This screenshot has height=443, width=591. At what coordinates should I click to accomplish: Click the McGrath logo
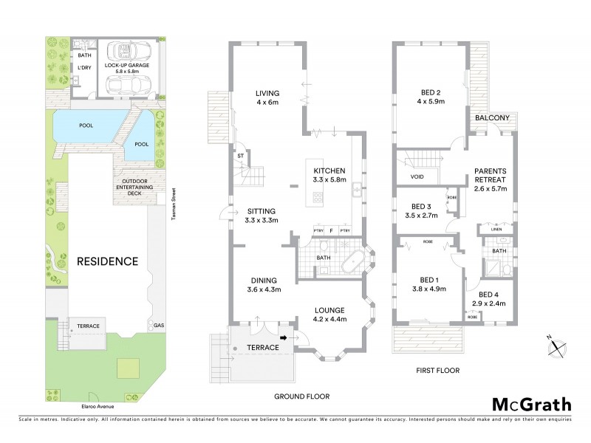coord(531,404)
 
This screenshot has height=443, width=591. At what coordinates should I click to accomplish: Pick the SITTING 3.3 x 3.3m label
coord(262,216)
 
